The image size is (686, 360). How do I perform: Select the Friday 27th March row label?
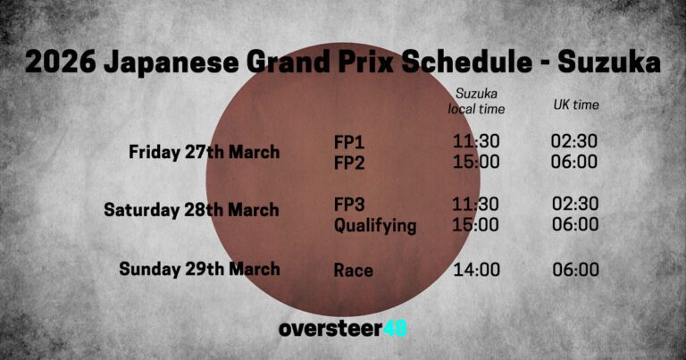click(204, 152)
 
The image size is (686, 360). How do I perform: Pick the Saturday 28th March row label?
click(191, 210)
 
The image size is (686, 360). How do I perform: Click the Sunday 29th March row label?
click(199, 269)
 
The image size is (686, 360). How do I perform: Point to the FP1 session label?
click(349, 141)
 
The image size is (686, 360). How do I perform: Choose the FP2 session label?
click(349, 162)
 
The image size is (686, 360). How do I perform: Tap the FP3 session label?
click(349, 205)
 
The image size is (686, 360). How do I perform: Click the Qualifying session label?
click(375, 226)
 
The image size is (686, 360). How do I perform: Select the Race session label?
click(354, 270)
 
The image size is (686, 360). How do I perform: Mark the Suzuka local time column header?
click(476, 101)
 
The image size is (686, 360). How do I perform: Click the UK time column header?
click(575, 105)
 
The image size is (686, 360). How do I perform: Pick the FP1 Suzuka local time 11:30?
click(476, 141)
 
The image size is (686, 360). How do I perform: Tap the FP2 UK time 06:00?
click(574, 162)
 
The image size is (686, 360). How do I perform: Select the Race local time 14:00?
click(476, 270)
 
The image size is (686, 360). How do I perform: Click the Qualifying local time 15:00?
click(476, 226)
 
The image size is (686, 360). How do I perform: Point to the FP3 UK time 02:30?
click(574, 205)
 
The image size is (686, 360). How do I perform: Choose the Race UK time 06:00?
click(574, 270)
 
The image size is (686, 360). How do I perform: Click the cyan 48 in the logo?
click(394, 329)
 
